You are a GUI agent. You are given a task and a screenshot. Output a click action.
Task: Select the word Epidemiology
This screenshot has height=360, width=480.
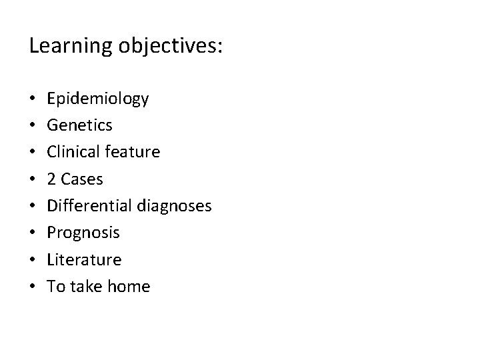coord(98,99)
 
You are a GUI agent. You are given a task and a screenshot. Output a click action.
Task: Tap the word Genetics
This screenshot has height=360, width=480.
coord(79,125)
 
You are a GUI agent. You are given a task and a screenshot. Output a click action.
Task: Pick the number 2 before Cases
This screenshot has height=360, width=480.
coord(51,179)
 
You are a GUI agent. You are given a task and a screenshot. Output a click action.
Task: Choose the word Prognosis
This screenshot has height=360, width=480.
coord(83,233)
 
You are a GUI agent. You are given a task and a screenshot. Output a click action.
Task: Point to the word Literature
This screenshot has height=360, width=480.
coord(84,259)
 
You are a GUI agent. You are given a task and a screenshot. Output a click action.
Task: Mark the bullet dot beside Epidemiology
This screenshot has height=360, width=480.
coord(33,99)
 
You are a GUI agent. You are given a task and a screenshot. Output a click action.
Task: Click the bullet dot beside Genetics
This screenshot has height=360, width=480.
coord(33,125)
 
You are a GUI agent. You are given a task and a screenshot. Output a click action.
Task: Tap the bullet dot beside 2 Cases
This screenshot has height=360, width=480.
coord(33,179)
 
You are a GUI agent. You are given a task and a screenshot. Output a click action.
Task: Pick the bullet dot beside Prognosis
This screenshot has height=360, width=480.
coord(33,233)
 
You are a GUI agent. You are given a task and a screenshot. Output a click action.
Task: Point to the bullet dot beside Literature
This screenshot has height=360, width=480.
coord(33,259)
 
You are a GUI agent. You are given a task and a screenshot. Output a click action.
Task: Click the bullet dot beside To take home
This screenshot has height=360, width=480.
coord(33,287)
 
